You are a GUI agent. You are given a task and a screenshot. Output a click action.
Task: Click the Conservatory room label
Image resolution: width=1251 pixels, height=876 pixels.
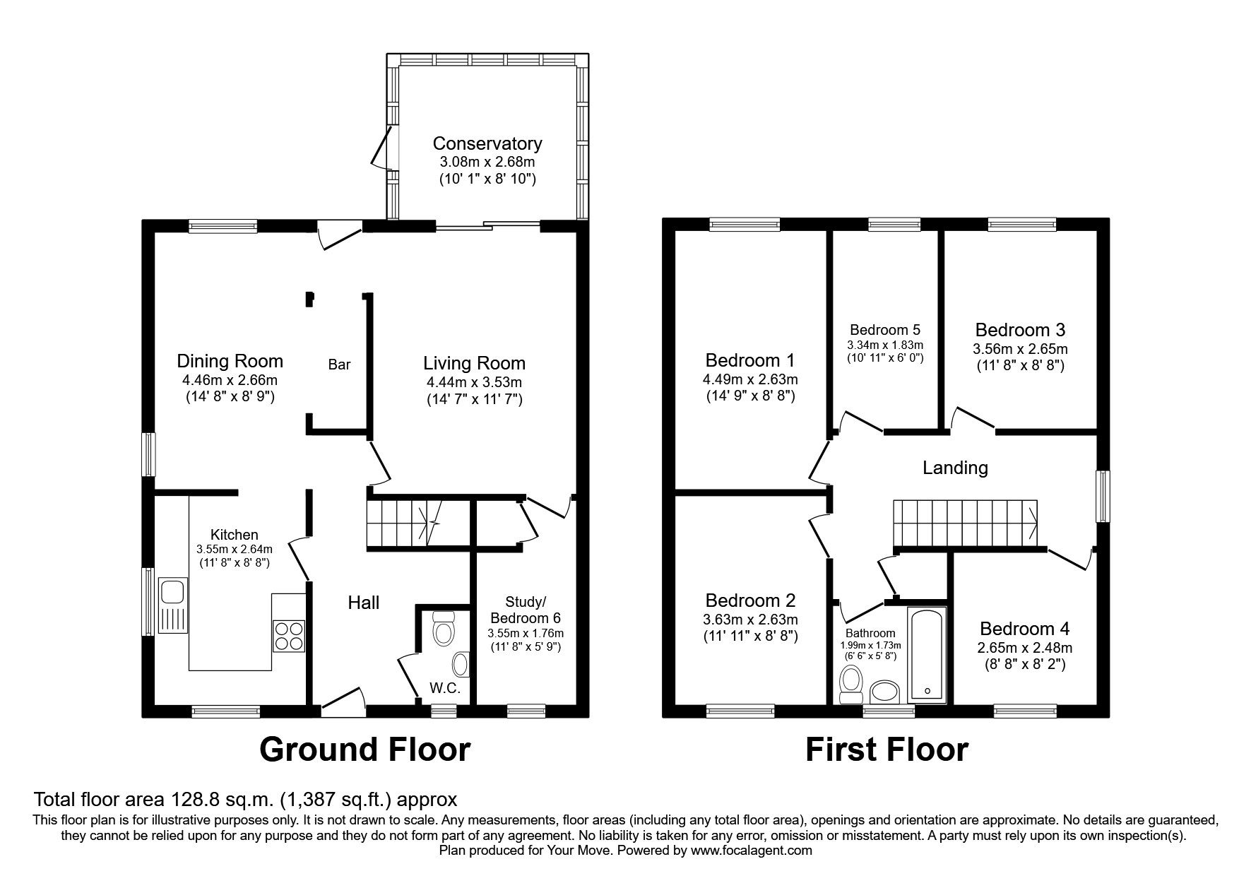[487, 143]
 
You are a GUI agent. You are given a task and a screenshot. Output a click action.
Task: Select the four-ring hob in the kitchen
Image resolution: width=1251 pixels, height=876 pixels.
[288, 635]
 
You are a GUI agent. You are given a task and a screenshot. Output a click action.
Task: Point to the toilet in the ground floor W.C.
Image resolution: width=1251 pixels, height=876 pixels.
[443, 628]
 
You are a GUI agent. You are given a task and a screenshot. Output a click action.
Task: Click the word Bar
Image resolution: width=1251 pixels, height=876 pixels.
[339, 365]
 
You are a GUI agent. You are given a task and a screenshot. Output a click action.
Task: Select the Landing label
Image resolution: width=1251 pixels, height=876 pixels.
[955, 468]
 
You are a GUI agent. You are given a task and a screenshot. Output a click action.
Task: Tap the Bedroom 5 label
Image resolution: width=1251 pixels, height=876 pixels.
[884, 330]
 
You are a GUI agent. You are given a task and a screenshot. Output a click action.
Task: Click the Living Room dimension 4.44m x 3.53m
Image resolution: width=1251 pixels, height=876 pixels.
[474, 382]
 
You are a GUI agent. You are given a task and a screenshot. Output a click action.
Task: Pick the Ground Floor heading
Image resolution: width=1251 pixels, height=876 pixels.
[364, 750]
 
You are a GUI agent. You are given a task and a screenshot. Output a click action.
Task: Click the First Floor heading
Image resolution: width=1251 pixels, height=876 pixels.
[887, 750]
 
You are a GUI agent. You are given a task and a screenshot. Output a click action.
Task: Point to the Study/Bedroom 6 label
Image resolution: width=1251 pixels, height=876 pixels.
[526, 610]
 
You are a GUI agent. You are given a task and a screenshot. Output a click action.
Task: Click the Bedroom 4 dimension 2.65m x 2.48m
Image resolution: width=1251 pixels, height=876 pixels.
[1024, 647]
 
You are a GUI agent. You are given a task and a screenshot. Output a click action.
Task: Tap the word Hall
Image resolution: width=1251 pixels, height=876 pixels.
[364, 603]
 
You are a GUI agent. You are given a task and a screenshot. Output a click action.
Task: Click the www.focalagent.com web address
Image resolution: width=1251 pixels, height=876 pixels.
[751, 851]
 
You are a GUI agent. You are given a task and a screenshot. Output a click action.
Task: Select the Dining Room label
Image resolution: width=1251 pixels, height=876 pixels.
[230, 362]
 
